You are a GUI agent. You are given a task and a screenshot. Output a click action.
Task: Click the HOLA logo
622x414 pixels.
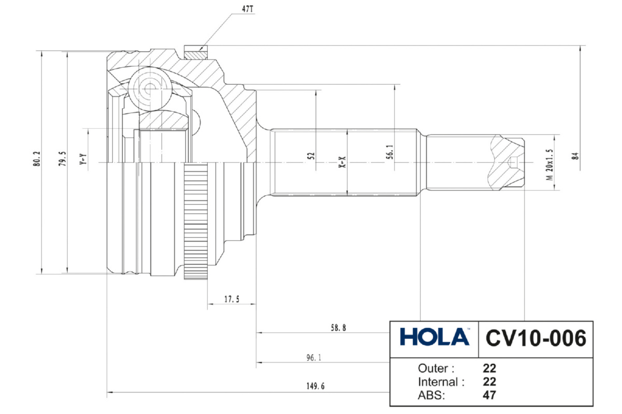point(434,337)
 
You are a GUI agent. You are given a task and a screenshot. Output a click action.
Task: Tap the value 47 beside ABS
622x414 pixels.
point(489,396)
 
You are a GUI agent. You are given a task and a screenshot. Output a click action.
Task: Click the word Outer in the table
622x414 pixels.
point(436,369)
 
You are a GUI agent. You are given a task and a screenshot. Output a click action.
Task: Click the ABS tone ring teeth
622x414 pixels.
point(196,220)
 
